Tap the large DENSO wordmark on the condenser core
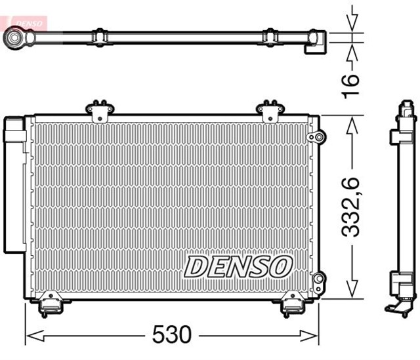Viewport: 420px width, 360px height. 238,267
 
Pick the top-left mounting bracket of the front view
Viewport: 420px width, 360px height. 100,110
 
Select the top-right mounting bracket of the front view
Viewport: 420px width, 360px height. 268,110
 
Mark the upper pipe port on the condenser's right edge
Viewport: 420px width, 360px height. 317,136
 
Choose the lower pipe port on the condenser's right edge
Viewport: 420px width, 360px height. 318,280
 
